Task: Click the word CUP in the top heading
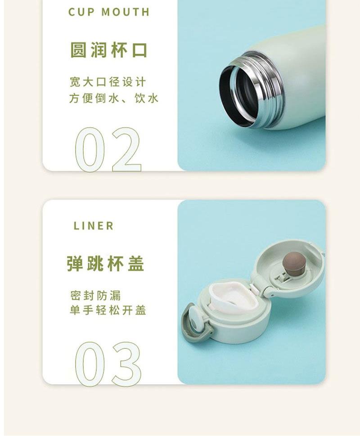click(81, 12)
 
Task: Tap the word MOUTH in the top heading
click(126, 12)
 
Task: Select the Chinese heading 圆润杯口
click(108, 50)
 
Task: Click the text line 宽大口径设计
click(108, 82)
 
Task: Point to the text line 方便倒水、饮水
click(114, 98)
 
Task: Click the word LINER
click(94, 226)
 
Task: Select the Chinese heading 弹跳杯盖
click(106, 263)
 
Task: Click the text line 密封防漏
click(95, 296)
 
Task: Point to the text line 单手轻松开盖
click(108, 310)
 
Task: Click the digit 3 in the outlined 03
click(126, 364)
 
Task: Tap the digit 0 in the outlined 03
click(90, 364)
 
